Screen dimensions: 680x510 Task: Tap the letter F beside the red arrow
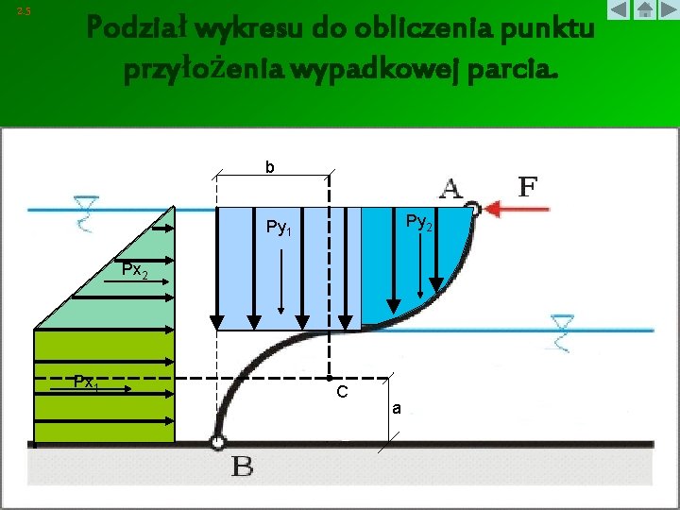pos(529,186)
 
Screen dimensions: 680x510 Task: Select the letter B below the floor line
pos(242,467)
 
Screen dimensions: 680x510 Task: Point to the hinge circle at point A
pos(474,211)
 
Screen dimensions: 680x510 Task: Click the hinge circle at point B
pos(218,441)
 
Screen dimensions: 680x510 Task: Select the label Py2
pos(419,222)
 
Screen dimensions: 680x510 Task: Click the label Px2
pos(133,271)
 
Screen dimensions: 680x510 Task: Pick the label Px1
pos(87,382)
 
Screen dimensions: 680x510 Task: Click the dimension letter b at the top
pos(270,168)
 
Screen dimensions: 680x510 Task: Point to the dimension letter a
pos(398,409)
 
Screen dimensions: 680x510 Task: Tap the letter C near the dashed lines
pos(342,391)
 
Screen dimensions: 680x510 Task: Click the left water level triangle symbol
pos(87,203)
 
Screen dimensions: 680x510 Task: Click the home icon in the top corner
pos(644,10)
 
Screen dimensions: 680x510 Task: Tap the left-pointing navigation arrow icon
pos(619,10)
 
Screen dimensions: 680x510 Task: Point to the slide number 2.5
pos(24,11)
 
